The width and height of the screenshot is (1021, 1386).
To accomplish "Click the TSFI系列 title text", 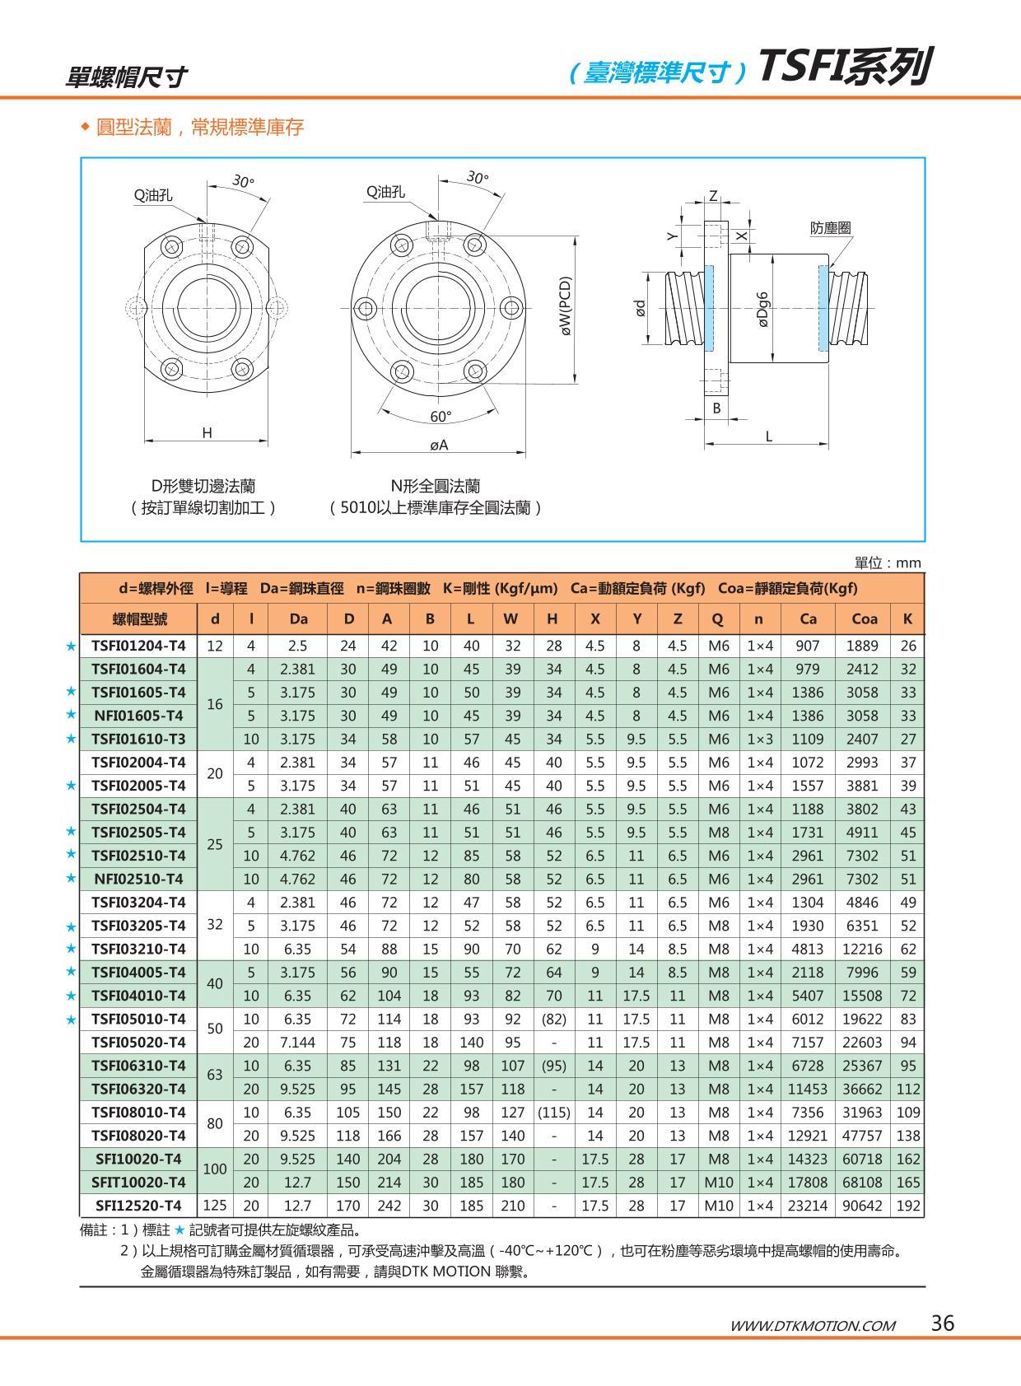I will pos(844,68).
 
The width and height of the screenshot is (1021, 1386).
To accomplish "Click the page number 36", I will pos(942,1323).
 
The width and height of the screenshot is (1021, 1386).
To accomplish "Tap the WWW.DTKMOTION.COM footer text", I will pos(812,1325).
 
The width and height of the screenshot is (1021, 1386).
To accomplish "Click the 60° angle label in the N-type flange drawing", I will pos(441,417).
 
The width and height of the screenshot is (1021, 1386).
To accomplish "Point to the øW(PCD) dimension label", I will pos(566,306).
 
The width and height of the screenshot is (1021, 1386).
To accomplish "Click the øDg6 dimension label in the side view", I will pos(762,309).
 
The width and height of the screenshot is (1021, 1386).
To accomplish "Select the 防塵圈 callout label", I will pos(830,228).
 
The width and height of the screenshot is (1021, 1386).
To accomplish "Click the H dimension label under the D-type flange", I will pos(207,432).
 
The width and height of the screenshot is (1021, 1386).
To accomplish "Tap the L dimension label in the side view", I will pos(768,436).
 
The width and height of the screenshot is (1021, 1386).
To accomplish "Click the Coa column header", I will pos(864,618).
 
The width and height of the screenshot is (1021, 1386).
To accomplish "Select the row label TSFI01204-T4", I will pos(138,646).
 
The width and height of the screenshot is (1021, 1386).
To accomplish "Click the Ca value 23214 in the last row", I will pos(807,1206).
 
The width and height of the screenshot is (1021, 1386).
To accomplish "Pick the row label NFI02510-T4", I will pos(138,879).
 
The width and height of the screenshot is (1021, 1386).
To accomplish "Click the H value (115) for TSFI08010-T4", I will pos(553,1112).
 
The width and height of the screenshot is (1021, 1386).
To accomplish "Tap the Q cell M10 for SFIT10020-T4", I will pos(718,1182).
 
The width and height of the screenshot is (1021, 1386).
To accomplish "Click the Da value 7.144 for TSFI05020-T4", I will pos(297,1042).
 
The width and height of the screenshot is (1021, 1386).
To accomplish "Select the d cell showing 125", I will pos(214,1205).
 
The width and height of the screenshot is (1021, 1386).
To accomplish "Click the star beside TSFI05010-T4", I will pos(71,1020).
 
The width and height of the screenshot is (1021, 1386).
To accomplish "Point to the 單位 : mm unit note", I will pos(888,562).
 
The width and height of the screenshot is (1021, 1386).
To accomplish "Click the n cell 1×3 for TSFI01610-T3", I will pos(758,739).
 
